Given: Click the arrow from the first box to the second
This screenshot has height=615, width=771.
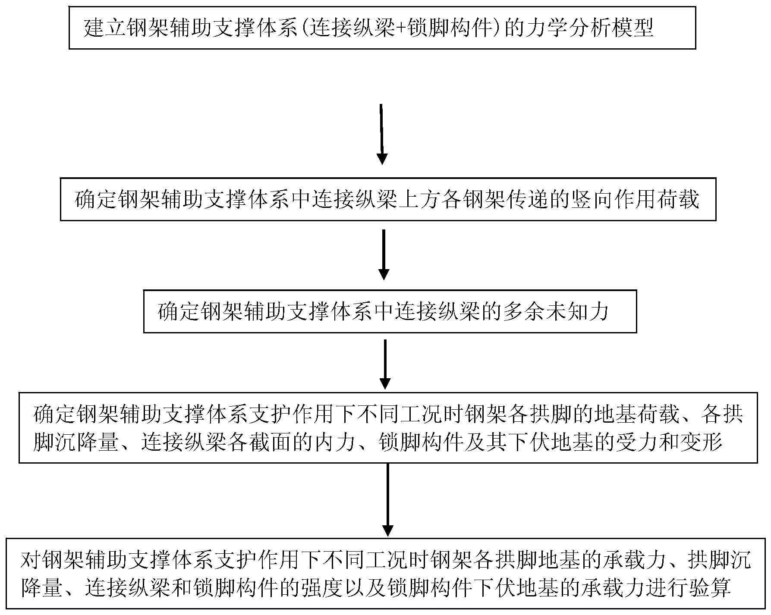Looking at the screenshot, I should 381,134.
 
